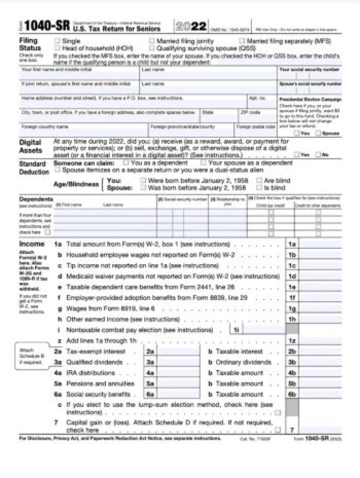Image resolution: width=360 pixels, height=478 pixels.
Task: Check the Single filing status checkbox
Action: coord(57,41)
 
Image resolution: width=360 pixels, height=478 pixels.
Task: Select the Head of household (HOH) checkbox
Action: coord(57,48)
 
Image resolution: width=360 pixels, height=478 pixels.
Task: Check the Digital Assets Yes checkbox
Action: coord(297,155)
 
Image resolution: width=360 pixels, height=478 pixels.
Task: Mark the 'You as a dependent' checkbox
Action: coord(126,163)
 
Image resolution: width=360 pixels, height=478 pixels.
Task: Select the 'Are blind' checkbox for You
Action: coord(258,180)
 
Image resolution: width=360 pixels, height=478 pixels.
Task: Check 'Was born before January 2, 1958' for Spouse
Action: coord(143,188)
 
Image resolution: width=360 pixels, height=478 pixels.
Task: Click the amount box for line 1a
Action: coord(320,244)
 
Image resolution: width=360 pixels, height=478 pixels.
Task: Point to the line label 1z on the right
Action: coord(292,341)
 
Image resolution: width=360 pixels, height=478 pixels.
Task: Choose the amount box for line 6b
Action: coord(320,395)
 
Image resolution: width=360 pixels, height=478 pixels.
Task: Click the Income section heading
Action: coord(32,244)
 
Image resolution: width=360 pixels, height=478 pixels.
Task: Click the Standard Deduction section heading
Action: coord(34,168)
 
